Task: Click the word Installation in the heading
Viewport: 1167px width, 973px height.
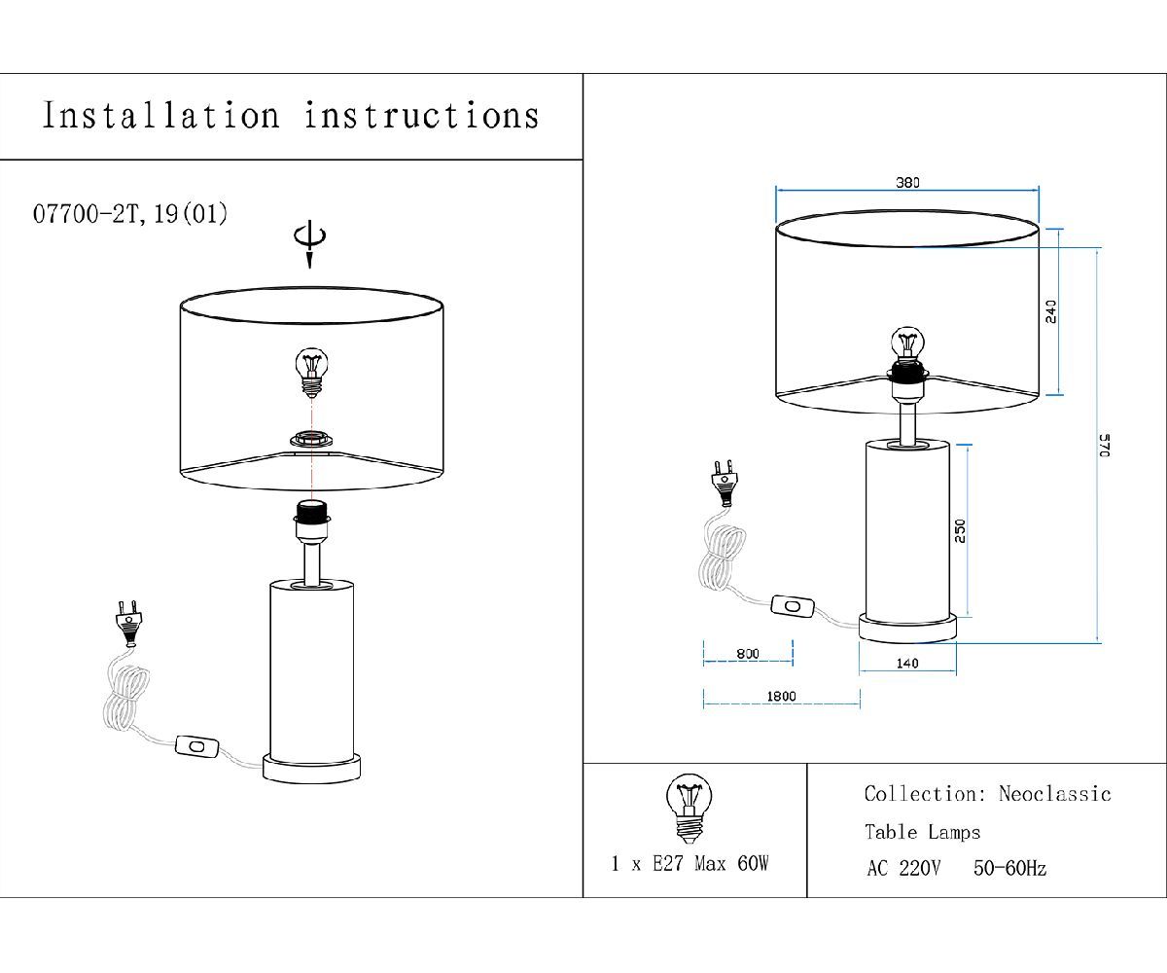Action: pyautogui.click(x=161, y=116)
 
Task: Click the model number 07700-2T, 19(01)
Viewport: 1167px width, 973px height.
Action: pyautogui.click(x=130, y=214)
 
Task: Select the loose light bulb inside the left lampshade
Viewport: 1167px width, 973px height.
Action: pyautogui.click(x=311, y=373)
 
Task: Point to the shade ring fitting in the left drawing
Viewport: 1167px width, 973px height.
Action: pyautogui.click(x=312, y=439)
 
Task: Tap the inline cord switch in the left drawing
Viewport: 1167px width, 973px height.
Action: pyautogui.click(x=196, y=746)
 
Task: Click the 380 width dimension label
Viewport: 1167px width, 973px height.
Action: pyautogui.click(x=907, y=182)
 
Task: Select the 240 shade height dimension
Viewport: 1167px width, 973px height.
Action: pyautogui.click(x=1050, y=311)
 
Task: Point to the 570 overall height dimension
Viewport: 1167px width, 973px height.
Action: pyautogui.click(x=1105, y=445)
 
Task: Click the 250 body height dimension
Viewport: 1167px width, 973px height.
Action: pyautogui.click(x=960, y=530)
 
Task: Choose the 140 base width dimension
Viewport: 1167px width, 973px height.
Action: pyautogui.click(x=907, y=664)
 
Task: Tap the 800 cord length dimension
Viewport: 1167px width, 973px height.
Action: pyautogui.click(x=748, y=654)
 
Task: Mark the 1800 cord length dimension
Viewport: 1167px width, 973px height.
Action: pyautogui.click(x=781, y=697)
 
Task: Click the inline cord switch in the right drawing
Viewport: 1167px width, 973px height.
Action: pyautogui.click(x=793, y=607)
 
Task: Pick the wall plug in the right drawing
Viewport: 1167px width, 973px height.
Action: pyautogui.click(x=725, y=483)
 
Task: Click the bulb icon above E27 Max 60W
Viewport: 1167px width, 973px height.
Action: pyautogui.click(x=690, y=809)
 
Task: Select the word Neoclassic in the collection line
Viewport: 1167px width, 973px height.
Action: pyautogui.click(x=1054, y=794)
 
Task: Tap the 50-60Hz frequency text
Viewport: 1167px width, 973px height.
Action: pyautogui.click(x=1010, y=868)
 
